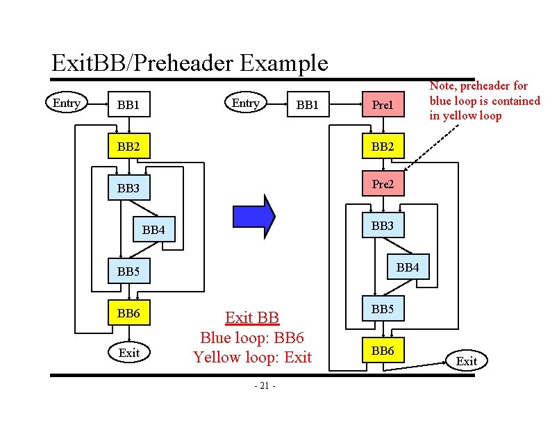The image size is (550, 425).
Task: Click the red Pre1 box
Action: pyautogui.click(x=382, y=105)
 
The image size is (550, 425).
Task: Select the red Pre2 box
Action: pyautogui.click(x=382, y=184)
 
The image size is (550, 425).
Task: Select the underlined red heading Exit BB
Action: pyautogui.click(x=252, y=318)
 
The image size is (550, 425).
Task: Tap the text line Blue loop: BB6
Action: pyautogui.click(x=252, y=338)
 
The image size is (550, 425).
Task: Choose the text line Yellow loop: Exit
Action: pyautogui.click(x=252, y=358)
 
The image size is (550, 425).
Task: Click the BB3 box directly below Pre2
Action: pyautogui.click(x=382, y=226)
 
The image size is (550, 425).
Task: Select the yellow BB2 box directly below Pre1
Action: pyautogui.click(x=382, y=147)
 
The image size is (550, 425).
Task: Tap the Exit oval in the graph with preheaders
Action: pyautogui.click(x=466, y=360)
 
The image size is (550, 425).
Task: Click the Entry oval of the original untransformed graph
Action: pyautogui.click(x=66, y=103)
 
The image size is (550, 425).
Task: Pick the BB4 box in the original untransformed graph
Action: pyautogui.click(x=153, y=230)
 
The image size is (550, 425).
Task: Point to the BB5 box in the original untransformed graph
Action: pyautogui.click(x=128, y=272)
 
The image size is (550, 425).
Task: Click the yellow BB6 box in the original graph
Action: pyautogui.click(x=128, y=313)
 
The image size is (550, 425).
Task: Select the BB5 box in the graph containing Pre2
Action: pyautogui.click(x=382, y=309)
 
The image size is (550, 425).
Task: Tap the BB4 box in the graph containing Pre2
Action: pyautogui.click(x=408, y=267)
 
